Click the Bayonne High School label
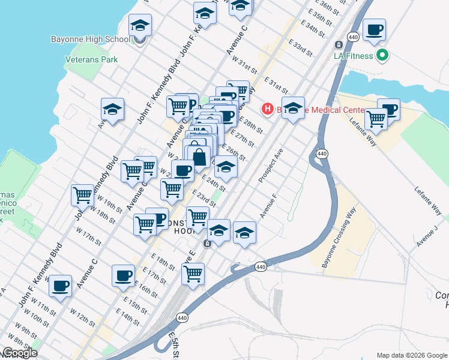pyautogui.click(x=91, y=40)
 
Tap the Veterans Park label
pyautogui.click(x=91, y=59)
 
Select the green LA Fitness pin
pyautogui.click(x=382, y=56)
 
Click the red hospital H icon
pyautogui.click(x=267, y=109)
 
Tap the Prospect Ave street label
pyautogui.click(x=270, y=170)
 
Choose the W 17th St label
pyautogui.click(x=89, y=235)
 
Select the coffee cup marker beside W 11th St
pyautogui.click(x=60, y=286)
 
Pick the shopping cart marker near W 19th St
pyautogui.click(x=82, y=194)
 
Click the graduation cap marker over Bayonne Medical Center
pyautogui.click(x=293, y=108)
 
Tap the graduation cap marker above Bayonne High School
pyautogui.click(x=140, y=25)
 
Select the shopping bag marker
pyautogui.click(x=199, y=157)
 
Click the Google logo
pyautogui.click(x=19, y=353)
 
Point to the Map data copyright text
pyautogui.click(x=411, y=355)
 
